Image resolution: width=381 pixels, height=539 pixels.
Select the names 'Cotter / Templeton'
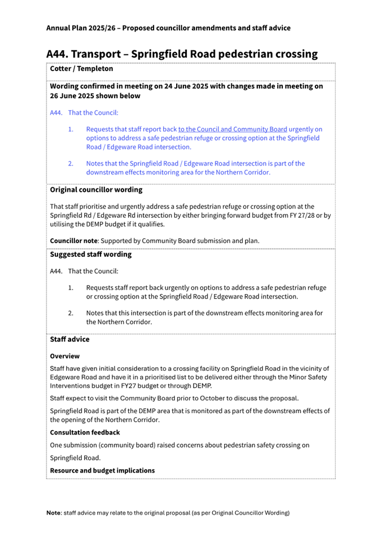coord(81,69)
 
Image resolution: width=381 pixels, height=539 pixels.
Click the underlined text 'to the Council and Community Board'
coord(233,129)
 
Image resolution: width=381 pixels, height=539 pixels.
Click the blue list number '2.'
coord(71,164)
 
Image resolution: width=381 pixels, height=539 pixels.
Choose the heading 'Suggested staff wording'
coord(90,255)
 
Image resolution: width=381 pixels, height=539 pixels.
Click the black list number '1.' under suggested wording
coord(71,288)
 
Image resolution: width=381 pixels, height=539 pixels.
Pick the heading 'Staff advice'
coord(69,340)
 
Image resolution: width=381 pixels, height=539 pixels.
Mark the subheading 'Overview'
coord(64,356)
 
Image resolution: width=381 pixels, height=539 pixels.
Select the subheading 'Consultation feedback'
coord(85,432)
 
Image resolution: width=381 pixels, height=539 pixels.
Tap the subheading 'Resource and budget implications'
coord(102,470)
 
